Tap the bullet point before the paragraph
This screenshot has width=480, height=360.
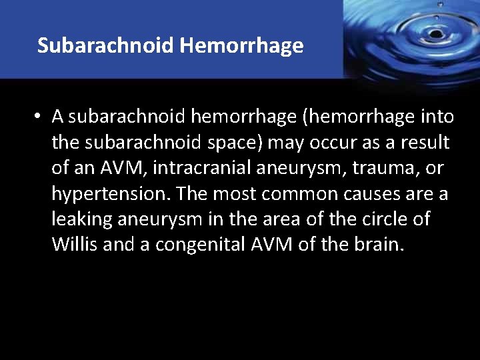point(39,117)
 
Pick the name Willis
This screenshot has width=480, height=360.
point(75,245)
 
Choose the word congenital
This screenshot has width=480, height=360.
point(207,245)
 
